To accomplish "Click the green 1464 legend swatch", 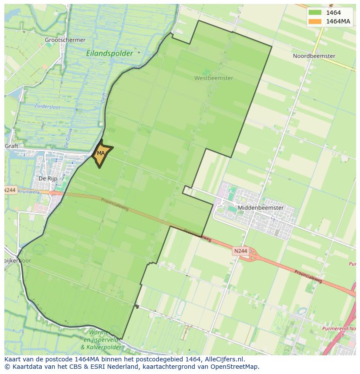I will [315, 13].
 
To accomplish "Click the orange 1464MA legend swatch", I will [315, 21].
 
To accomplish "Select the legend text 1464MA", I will [339, 21].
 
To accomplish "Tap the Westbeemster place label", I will [213, 78].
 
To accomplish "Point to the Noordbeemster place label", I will [314, 56].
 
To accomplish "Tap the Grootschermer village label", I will [65, 40].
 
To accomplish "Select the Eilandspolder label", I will [110, 53].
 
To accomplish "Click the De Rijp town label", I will [48, 179].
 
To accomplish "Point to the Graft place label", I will [12, 146].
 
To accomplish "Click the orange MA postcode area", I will [101, 154].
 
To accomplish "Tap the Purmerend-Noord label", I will [339, 328].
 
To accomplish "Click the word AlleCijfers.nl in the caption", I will [224, 359].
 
